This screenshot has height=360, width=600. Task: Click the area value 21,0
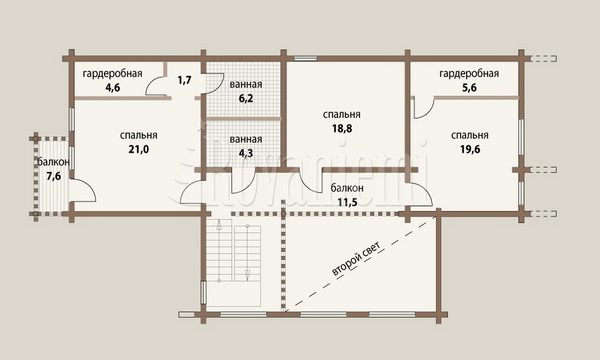click(x=139, y=150)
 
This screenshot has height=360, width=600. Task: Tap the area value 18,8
click(x=342, y=129)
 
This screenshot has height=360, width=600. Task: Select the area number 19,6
click(x=470, y=150)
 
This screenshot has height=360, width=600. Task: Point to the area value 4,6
click(x=113, y=88)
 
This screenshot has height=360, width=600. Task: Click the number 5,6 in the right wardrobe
click(x=469, y=88)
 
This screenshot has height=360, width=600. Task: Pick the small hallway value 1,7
click(x=184, y=80)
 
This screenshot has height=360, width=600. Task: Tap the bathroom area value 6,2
click(x=246, y=98)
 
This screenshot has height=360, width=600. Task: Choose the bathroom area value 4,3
click(x=246, y=153)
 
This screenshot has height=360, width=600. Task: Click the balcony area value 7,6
click(x=54, y=176)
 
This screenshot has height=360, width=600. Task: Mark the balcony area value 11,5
click(x=347, y=202)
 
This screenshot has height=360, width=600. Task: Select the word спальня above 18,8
click(x=342, y=114)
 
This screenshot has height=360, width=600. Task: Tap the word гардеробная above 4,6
click(x=112, y=73)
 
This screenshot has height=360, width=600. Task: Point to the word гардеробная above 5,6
click(x=469, y=73)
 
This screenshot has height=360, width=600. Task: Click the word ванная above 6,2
click(x=246, y=84)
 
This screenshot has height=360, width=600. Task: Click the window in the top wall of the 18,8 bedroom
click(x=305, y=59)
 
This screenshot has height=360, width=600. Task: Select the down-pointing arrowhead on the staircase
click(x=248, y=274)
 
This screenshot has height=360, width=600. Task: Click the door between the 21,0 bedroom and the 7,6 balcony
click(x=82, y=190)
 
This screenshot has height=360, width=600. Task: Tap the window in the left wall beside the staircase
click(x=204, y=292)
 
